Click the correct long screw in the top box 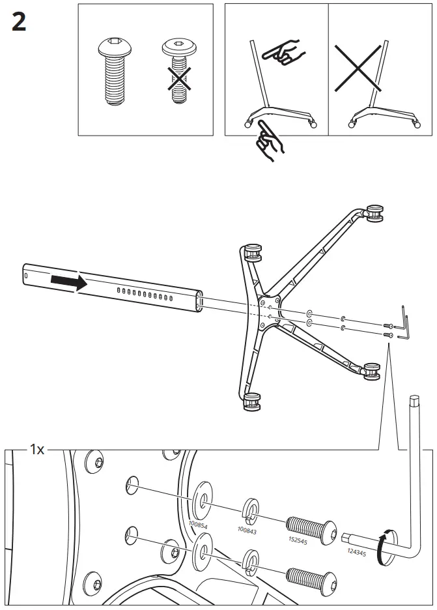click(x=115, y=72)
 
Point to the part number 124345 click(x=357, y=551)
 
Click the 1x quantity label click(x=36, y=450)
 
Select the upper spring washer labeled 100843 click(x=251, y=511)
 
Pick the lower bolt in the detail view click(x=311, y=575)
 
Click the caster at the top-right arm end click(x=373, y=212)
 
